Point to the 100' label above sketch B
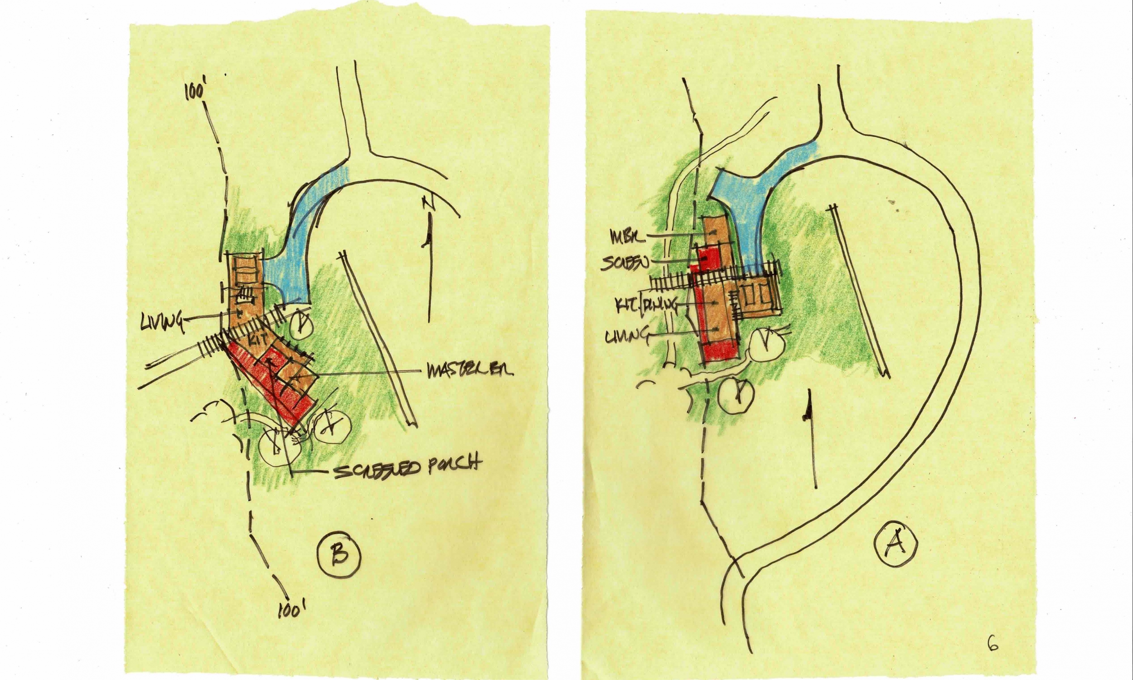coord(194,92)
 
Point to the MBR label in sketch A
coord(627,237)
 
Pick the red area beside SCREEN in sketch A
coord(708,259)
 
